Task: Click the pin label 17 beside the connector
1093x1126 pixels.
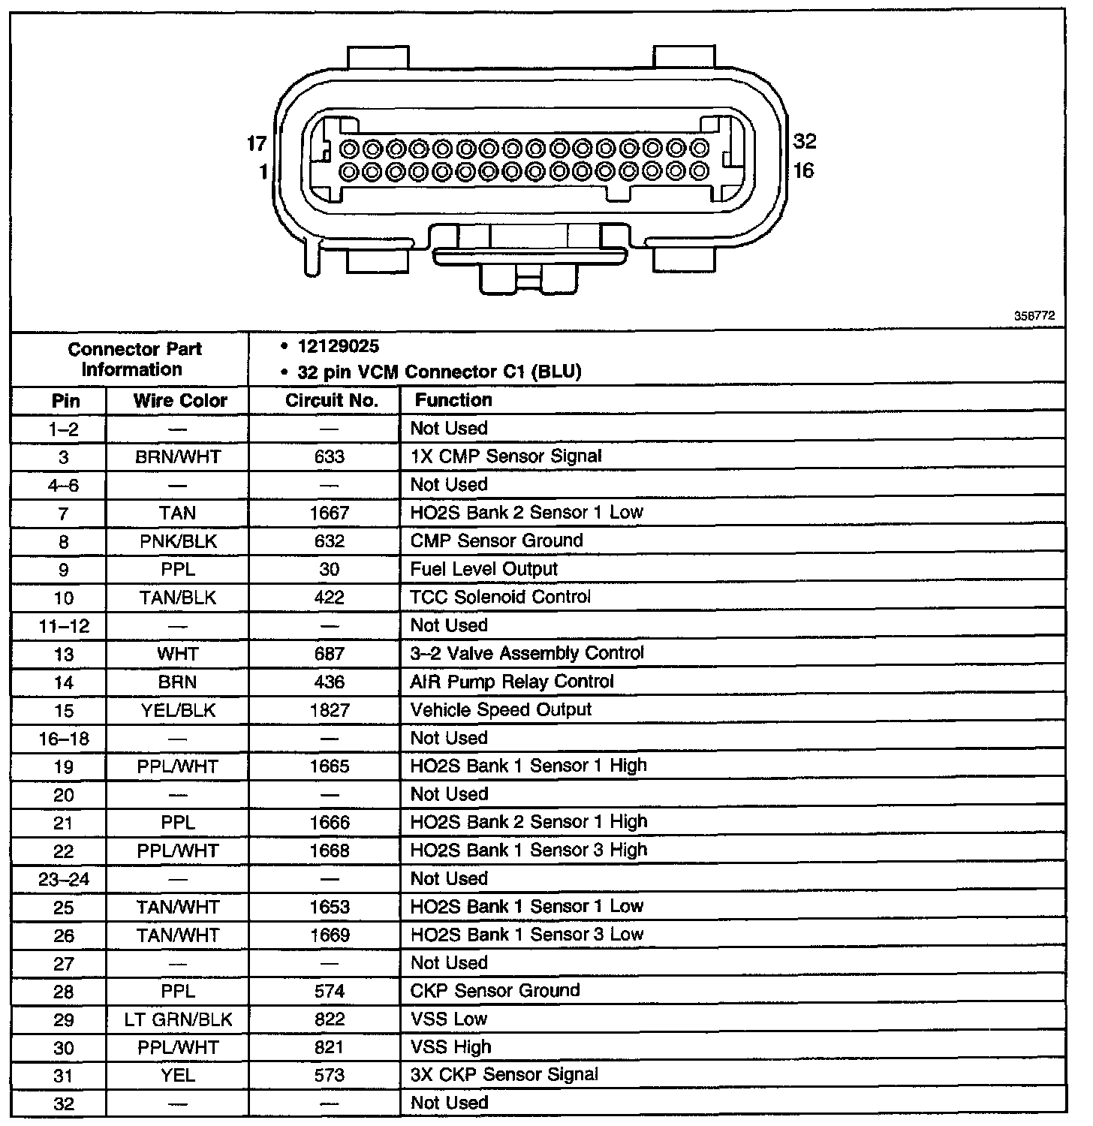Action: [x=257, y=143]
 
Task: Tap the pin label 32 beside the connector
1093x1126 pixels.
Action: [x=805, y=141]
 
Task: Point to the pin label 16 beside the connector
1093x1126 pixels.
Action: [x=803, y=171]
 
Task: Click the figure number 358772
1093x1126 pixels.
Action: [x=1034, y=317]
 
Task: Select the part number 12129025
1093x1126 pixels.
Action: [x=339, y=347]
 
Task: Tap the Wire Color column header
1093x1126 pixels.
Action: [x=180, y=401]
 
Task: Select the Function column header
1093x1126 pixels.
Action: [x=453, y=400]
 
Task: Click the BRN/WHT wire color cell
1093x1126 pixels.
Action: [x=178, y=457]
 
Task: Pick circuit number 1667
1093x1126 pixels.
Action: [x=330, y=513]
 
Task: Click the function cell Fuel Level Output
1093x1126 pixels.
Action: [x=483, y=569]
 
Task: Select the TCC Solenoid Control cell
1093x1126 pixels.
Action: [x=500, y=598]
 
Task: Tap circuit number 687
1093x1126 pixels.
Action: [x=330, y=654]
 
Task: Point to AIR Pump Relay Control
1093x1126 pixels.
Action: [x=512, y=682]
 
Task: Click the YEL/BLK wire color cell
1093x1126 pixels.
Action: [x=178, y=710]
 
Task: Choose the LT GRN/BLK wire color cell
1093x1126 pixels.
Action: [x=178, y=1019]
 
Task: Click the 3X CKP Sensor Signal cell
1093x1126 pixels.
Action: [x=504, y=1075]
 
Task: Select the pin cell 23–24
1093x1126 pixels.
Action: [x=64, y=879]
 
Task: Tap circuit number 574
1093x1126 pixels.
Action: [x=330, y=992]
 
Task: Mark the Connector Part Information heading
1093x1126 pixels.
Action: [x=134, y=360]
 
